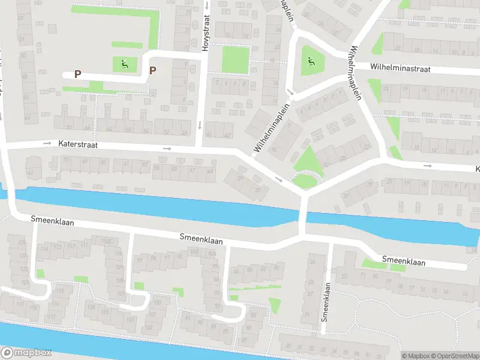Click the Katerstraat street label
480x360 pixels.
point(78,145)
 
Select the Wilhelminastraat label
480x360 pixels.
point(400,69)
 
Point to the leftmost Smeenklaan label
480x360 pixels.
point(53,221)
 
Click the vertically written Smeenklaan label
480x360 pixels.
point(325,301)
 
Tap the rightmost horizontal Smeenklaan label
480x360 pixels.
point(403,262)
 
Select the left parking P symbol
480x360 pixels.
point(77,74)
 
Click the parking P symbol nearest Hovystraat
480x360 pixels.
point(152,71)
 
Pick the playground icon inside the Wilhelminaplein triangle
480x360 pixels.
point(310,60)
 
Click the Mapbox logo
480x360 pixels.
point(26,353)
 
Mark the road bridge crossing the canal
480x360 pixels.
point(303,215)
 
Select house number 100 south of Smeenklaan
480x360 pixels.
point(157,302)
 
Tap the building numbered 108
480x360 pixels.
point(91,307)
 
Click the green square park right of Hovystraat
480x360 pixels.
point(235,60)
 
